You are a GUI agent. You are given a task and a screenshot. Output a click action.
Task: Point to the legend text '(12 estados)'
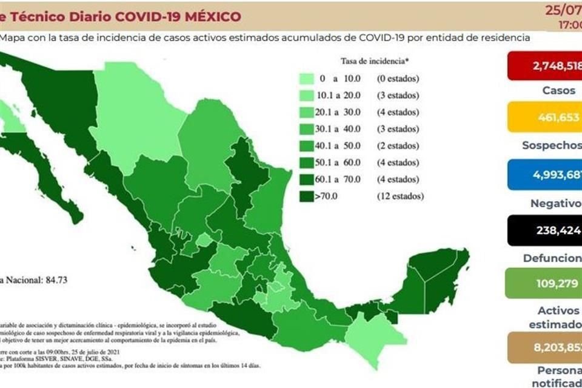[400, 196]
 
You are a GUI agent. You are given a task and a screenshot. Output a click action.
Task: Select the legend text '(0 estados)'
[398, 79]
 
